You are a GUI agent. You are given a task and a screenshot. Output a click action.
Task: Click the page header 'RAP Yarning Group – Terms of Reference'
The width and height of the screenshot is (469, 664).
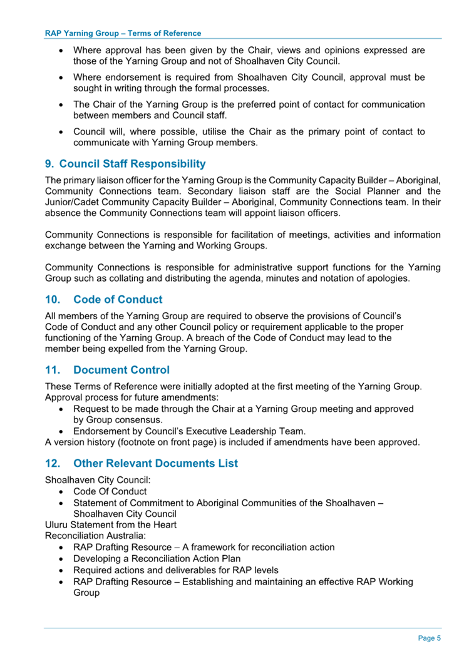(123, 33)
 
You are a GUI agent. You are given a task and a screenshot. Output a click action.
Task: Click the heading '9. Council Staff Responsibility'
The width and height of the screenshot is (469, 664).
(125, 164)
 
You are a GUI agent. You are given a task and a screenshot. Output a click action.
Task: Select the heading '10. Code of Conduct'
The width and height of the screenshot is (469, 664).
(103, 299)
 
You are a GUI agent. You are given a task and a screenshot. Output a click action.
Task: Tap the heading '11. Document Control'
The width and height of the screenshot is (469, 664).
(107, 370)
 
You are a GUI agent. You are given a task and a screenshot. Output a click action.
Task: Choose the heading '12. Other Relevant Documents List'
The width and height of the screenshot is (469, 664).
(142, 464)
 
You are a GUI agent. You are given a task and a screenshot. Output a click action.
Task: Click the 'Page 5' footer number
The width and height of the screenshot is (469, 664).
(430, 638)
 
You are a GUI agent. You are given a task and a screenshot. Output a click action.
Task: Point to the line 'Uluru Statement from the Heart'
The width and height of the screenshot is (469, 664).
(111, 524)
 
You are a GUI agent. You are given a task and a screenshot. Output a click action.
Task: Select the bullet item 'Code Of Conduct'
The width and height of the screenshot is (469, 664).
(110, 491)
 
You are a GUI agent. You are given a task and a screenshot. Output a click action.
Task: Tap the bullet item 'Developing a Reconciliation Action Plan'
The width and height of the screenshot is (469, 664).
(157, 558)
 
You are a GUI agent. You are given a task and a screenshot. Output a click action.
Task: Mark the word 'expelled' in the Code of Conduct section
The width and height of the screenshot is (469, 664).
(142, 349)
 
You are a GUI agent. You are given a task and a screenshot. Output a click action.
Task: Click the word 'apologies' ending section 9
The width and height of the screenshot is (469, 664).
(389, 277)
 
